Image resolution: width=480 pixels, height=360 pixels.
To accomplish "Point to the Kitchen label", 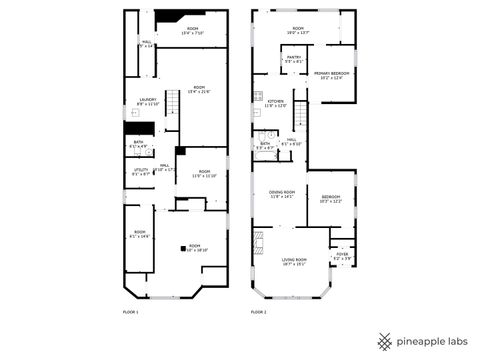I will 275,103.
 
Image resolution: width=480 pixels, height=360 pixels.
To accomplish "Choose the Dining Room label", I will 281,194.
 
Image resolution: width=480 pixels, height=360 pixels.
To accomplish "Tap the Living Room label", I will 293,261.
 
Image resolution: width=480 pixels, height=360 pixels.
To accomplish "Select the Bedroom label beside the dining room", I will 330,199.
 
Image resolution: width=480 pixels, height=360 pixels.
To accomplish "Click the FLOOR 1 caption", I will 131,313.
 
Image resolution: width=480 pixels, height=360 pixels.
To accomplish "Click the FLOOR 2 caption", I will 259,313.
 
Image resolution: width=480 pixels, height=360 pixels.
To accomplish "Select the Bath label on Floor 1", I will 139,144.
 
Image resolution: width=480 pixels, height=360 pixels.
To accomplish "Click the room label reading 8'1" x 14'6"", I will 139,234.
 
